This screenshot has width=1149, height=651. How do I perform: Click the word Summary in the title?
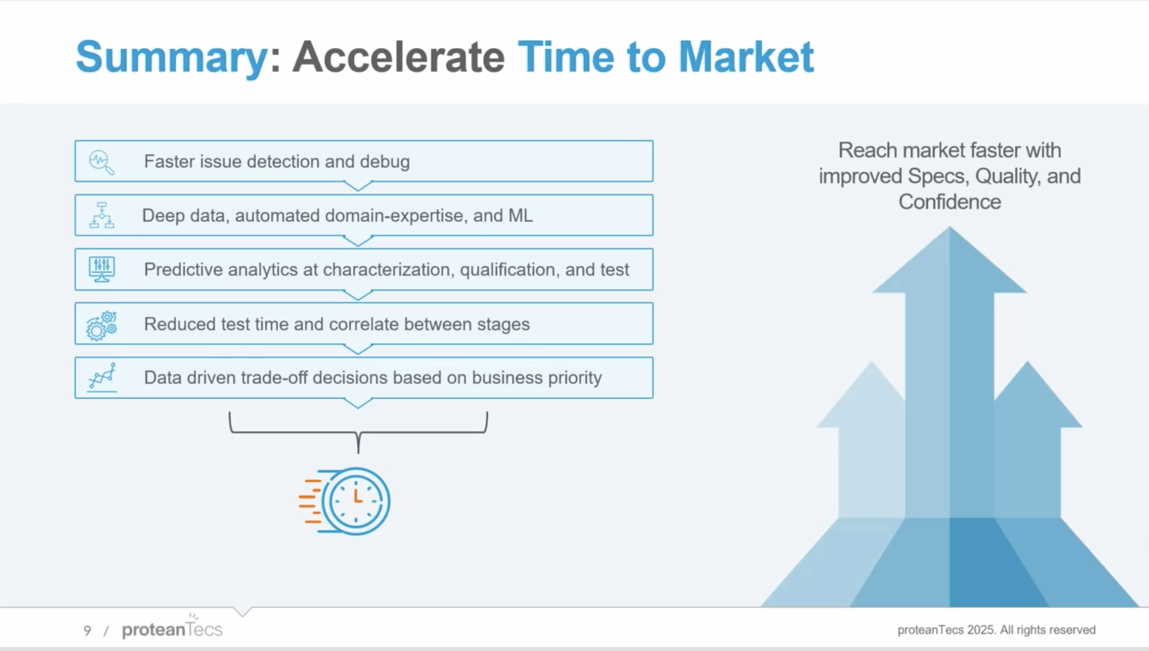pos(172,58)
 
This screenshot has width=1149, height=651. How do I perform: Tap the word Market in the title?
pos(746,57)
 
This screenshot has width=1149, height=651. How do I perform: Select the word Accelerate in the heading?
pos(399,57)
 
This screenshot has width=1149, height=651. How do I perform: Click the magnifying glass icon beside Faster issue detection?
pos(101,162)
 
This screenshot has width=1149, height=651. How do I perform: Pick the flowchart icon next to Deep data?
pos(102,216)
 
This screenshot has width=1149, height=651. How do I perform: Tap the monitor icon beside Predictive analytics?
pos(102,269)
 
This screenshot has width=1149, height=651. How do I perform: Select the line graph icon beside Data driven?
pos(102,376)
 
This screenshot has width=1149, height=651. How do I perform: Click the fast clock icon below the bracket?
pos(346,501)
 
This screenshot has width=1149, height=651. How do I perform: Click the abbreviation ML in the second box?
pos(520,216)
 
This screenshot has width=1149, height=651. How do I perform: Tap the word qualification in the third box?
pos(509,270)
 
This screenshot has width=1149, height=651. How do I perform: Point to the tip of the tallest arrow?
pos(949,229)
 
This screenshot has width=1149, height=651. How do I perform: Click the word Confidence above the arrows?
pos(949,202)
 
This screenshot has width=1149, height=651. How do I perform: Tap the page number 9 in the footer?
pos(87,631)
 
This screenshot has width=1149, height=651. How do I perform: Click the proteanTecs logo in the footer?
pos(172,629)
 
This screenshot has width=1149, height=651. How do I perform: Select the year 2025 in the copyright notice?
pos(981,630)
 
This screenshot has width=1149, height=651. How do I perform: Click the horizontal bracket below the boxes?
pos(358,432)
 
